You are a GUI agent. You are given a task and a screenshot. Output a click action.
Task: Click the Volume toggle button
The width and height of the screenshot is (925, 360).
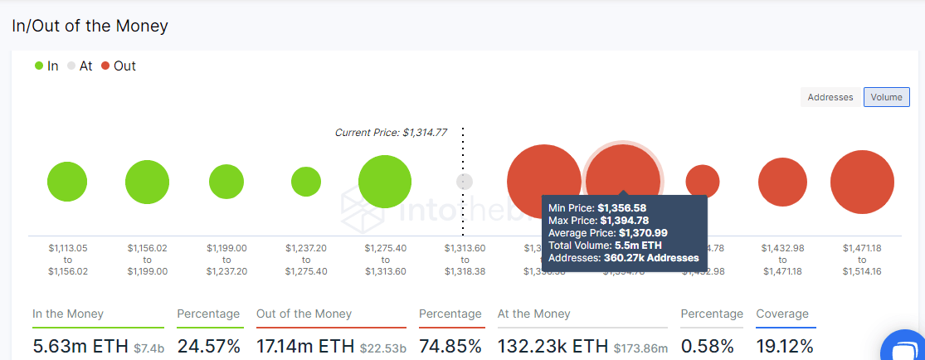coord(886,97)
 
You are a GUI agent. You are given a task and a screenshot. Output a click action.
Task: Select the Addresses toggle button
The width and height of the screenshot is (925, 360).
coord(830,97)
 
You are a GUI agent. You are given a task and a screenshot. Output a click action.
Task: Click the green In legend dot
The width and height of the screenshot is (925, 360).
coord(39,66)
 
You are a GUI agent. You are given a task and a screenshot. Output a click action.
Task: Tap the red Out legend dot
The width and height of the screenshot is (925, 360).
coord(105,66)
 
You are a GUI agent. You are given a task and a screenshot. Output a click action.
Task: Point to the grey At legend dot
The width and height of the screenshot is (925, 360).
coord(71,66)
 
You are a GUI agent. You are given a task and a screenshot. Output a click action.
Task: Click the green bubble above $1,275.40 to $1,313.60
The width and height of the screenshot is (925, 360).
coord(385,182)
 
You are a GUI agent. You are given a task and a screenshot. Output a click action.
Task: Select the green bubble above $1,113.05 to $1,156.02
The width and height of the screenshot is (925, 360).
coord(67,182)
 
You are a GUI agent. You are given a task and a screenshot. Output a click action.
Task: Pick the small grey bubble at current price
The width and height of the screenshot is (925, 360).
coord(465,182)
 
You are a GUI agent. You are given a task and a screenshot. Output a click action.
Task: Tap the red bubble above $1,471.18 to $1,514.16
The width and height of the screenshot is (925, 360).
coord(862,182)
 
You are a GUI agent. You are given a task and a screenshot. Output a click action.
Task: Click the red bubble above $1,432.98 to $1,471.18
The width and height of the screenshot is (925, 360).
coord(782,182)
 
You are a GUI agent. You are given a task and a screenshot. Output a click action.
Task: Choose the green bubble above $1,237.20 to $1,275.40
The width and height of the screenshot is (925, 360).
coord(306,182)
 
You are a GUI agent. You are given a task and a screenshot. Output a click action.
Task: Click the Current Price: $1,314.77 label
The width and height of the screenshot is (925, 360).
coord(391,133)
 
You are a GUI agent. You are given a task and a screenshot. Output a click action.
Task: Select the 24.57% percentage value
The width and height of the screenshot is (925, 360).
coord(208,345)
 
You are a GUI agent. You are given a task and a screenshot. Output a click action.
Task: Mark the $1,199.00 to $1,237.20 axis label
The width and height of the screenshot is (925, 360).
coord(226,259)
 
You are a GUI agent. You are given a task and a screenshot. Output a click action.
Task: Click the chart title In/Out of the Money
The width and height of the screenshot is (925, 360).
coord(90,26)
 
